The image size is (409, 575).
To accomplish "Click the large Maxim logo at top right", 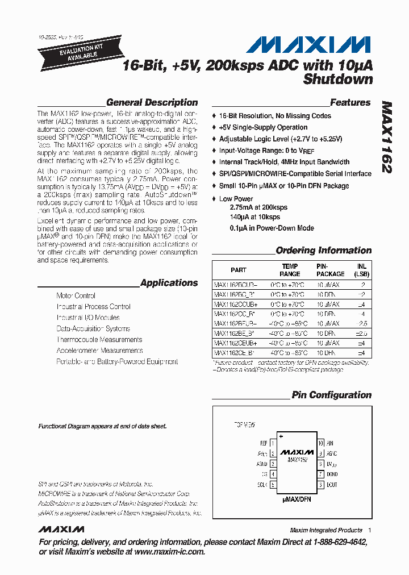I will pos(311,45).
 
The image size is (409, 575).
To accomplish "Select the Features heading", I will pos(350,103).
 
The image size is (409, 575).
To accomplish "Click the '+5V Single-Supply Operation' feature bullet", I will pos(263,127).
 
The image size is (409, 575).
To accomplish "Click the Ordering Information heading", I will pos(323,251).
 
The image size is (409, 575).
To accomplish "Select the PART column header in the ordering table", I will pos(239,270).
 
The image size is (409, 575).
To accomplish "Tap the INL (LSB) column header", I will pos(361,270).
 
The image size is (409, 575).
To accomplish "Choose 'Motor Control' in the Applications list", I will pos(76,296).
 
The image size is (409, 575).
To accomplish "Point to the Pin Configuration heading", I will pos(331,395).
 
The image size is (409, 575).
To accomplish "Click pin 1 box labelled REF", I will pos(273,443).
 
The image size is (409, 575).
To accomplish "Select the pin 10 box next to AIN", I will pos(320,443).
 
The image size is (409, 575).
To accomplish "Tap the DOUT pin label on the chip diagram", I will pos(332,485).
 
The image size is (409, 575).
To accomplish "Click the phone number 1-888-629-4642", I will pos(335,542).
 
